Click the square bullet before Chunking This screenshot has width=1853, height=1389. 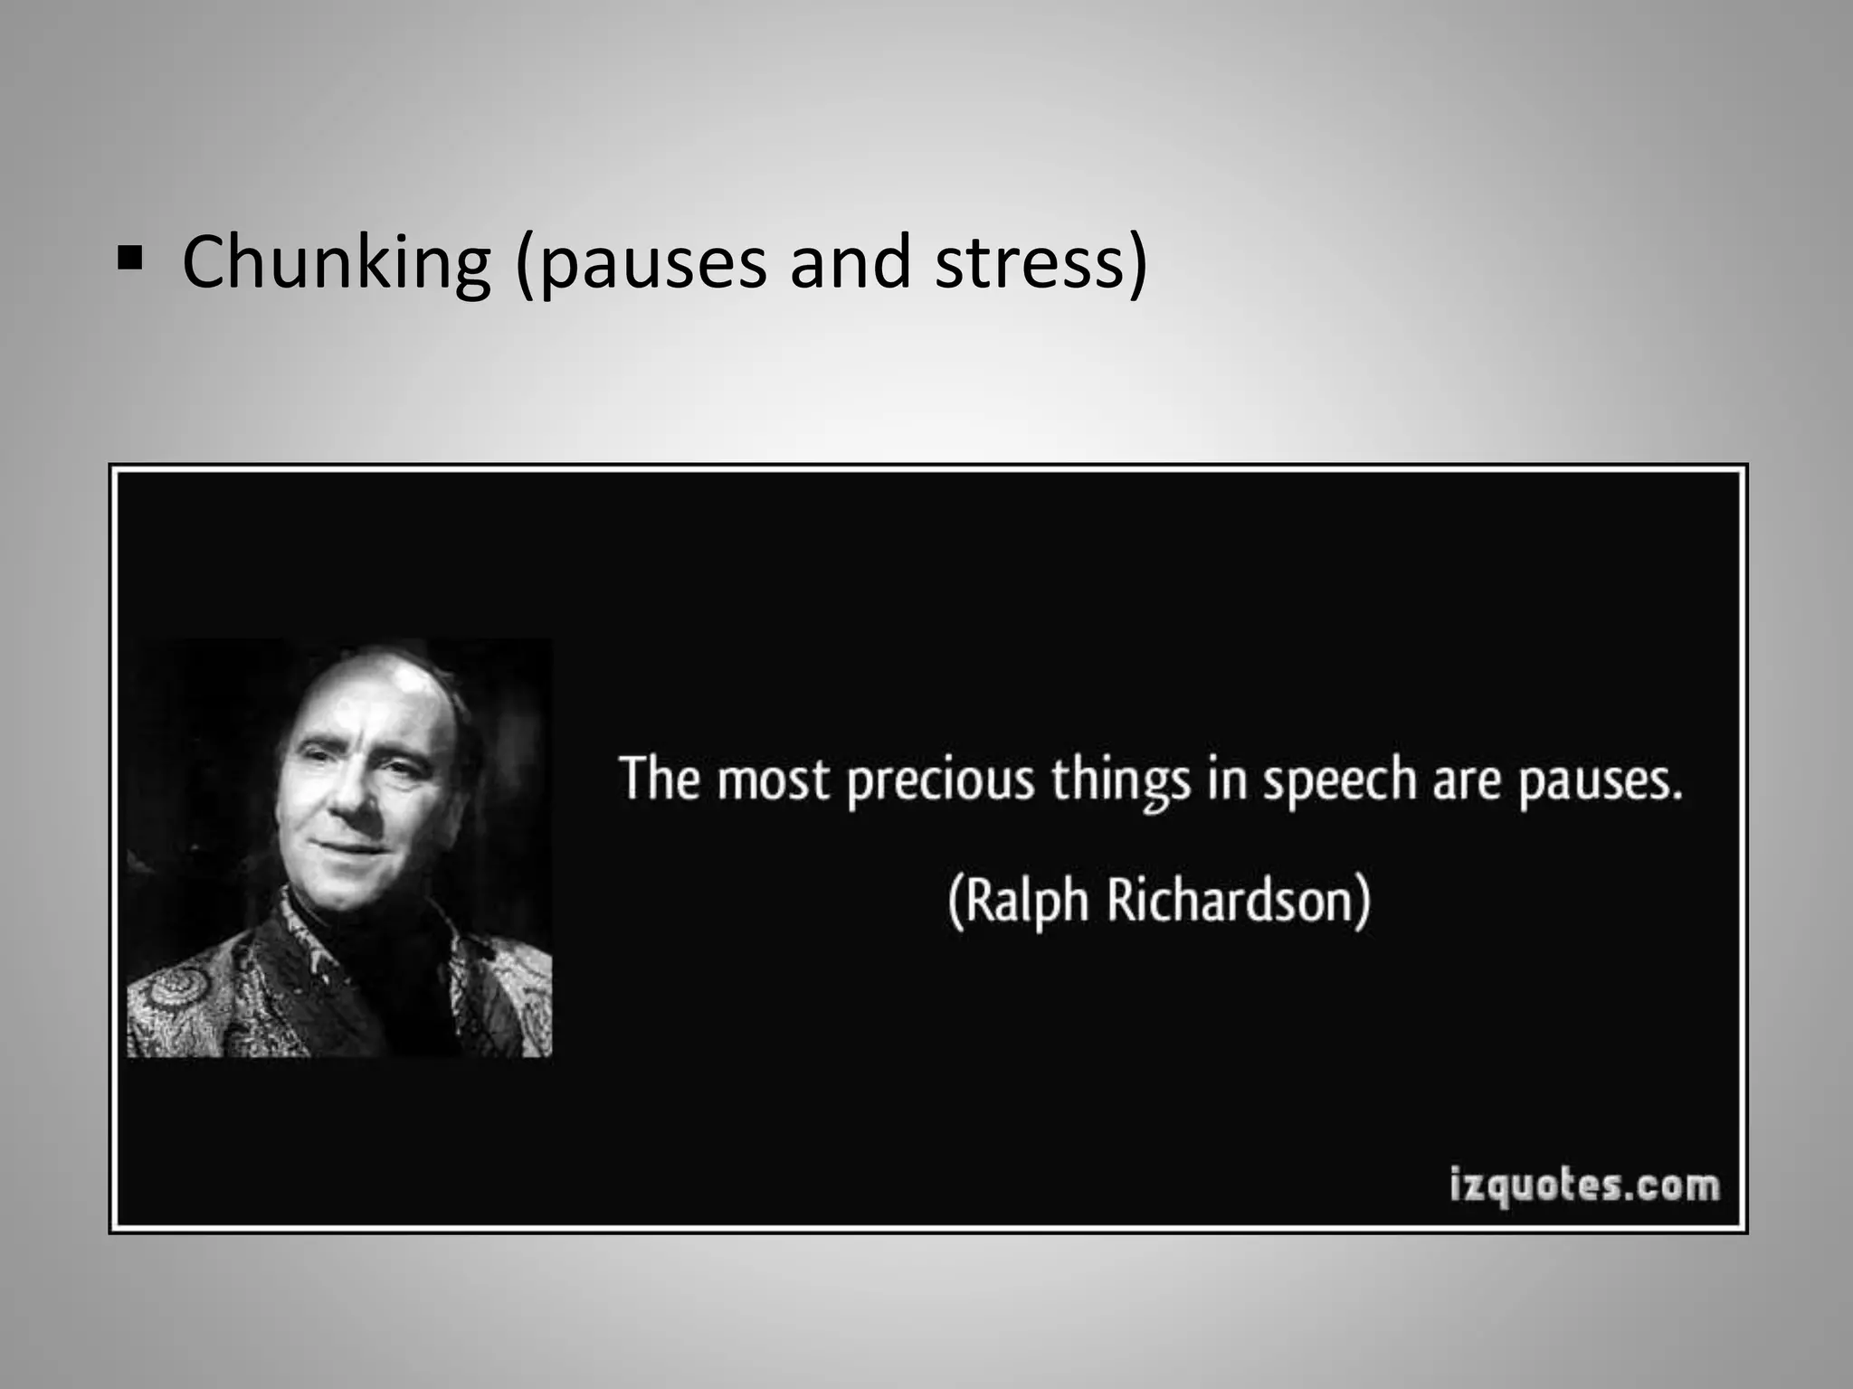130,260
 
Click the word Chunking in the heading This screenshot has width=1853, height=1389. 336,262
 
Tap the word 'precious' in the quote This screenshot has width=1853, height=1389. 940,781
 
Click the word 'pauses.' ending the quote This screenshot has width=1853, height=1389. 1601,783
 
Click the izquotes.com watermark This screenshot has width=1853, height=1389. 1583,1185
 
